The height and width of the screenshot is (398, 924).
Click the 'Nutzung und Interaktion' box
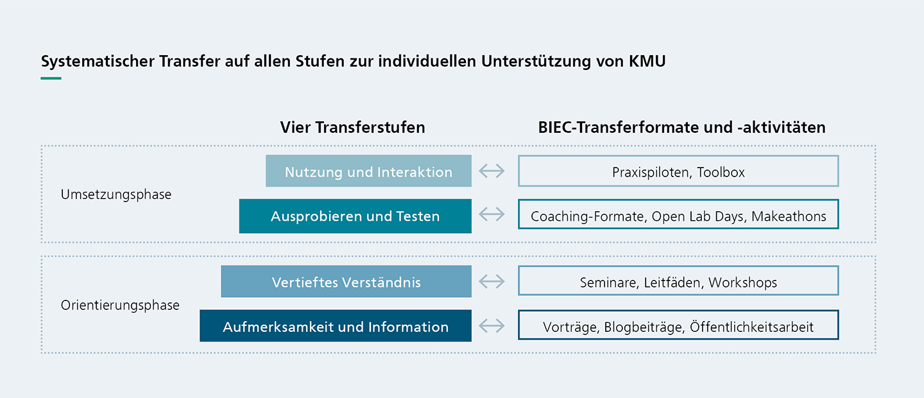click(368, 171)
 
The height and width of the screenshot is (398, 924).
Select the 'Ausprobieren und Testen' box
click(355, 216)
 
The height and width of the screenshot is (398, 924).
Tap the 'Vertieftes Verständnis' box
click(346, 282)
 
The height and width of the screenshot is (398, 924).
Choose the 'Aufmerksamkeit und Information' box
click(336, 325)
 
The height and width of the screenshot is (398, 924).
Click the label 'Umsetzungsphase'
click(116, 195)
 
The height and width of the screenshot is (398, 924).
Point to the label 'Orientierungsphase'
click(120, 305)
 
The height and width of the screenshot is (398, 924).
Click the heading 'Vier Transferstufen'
click(353, 127)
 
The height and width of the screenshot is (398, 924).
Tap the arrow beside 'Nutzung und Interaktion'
click(492, 171)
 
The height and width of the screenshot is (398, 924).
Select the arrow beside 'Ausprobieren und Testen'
click(492, 214)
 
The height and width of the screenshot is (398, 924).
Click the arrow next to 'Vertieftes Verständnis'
click(492, 282)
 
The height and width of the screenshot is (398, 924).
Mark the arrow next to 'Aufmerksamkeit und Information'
click(492, 325)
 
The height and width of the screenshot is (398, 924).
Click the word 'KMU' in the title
click(647, 61)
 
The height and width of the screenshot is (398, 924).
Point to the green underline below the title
click(51, 78)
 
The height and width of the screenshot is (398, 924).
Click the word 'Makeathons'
click(789, 216)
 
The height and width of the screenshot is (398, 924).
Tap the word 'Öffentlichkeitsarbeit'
click(751, 327)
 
